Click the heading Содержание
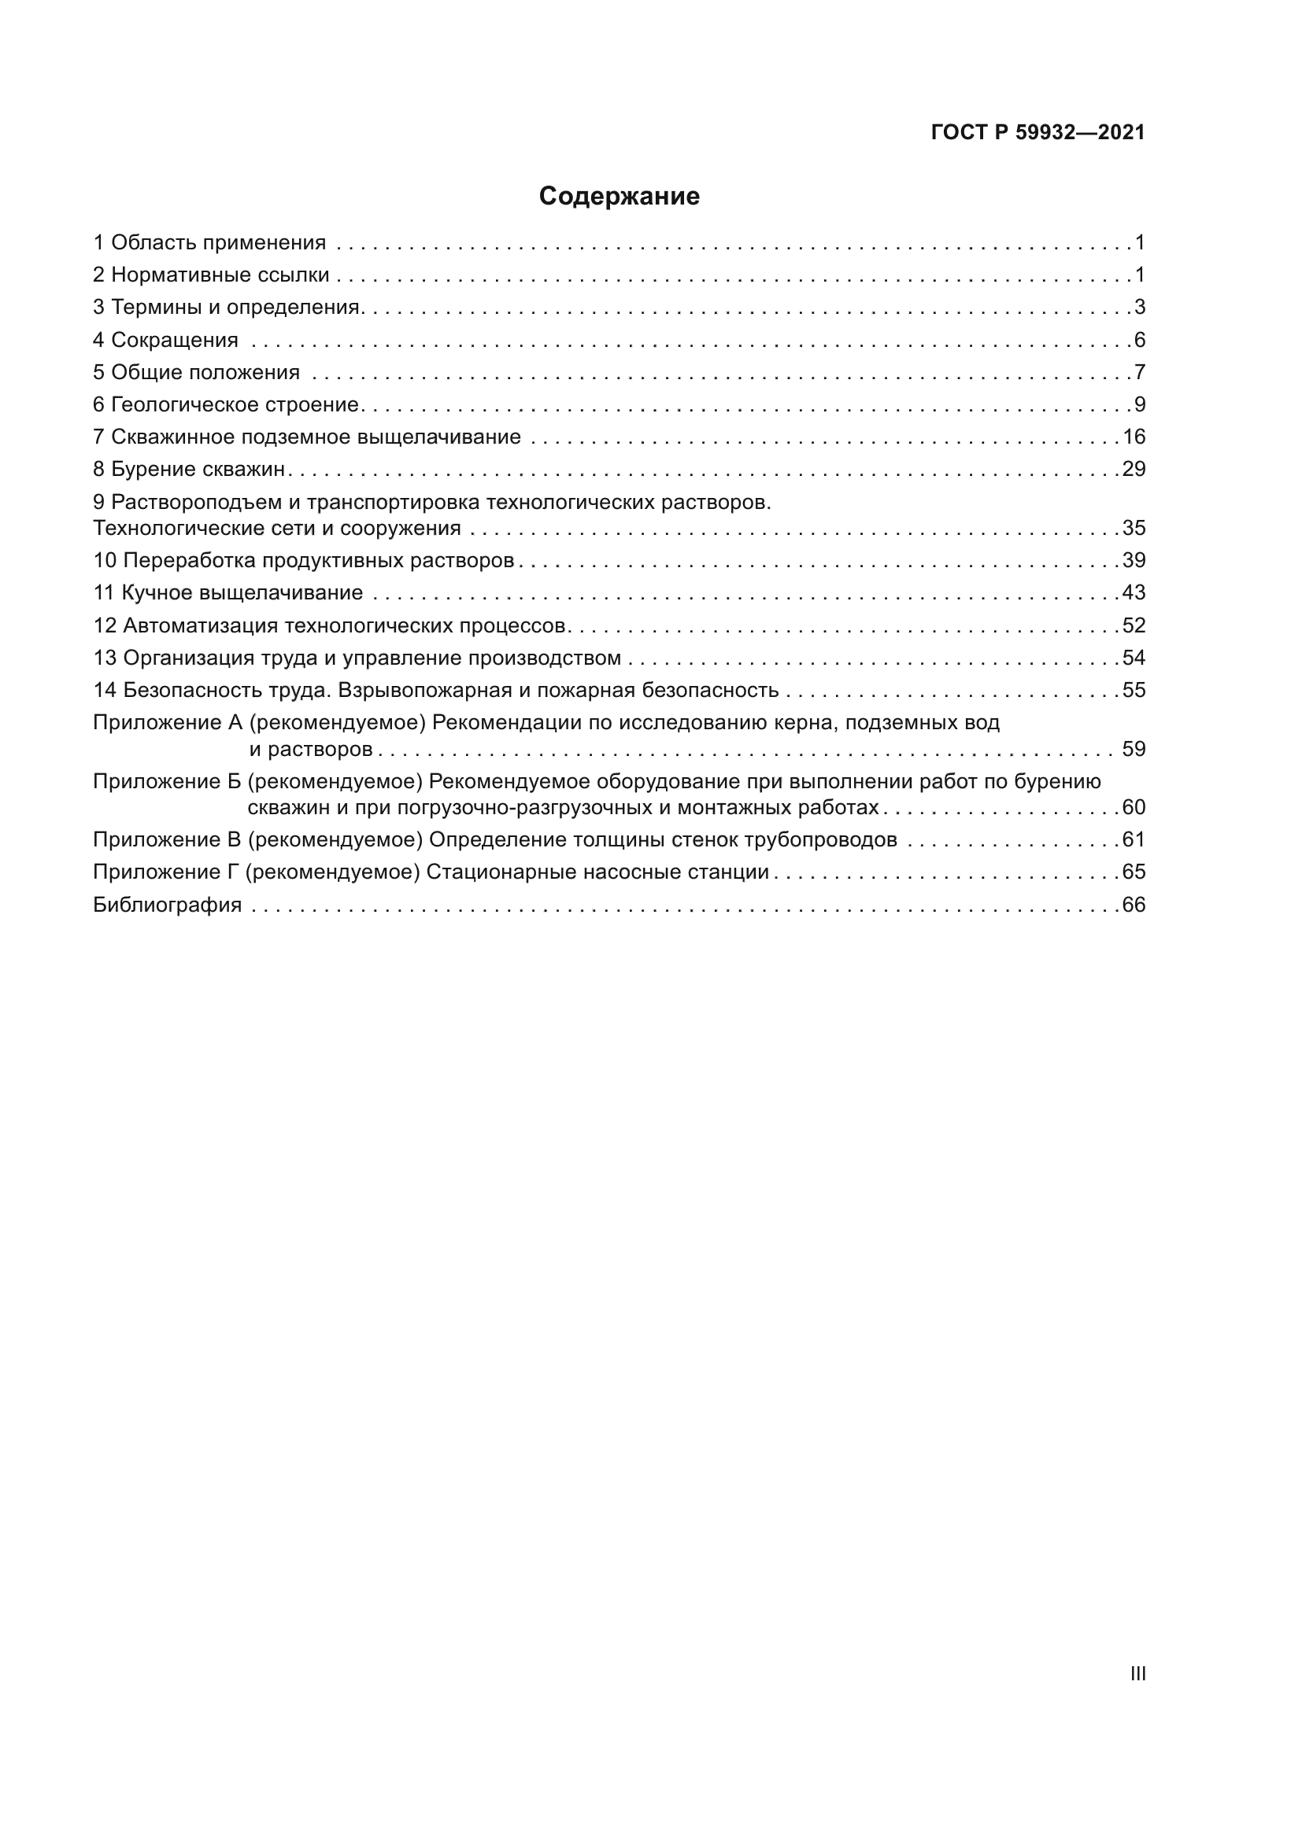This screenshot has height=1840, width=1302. point(619,197)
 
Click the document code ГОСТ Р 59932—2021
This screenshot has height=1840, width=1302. point(1038,133)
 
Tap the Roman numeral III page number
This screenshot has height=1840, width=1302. point(1137,1673)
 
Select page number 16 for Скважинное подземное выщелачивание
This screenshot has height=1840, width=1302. point(1134,437)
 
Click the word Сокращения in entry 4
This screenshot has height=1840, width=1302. point(174,340)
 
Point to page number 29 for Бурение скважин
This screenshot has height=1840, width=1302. point(1134,469)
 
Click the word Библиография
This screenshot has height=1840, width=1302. point(167,905)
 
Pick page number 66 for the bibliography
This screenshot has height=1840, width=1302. point(1134,905)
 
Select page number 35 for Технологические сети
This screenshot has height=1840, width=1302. point(1134,528)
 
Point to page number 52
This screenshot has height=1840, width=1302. point(1134,625)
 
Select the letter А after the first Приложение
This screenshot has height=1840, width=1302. point(235,723)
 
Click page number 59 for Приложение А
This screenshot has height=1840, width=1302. point(1134,750)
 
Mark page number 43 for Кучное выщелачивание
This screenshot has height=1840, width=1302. point(1134,593)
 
